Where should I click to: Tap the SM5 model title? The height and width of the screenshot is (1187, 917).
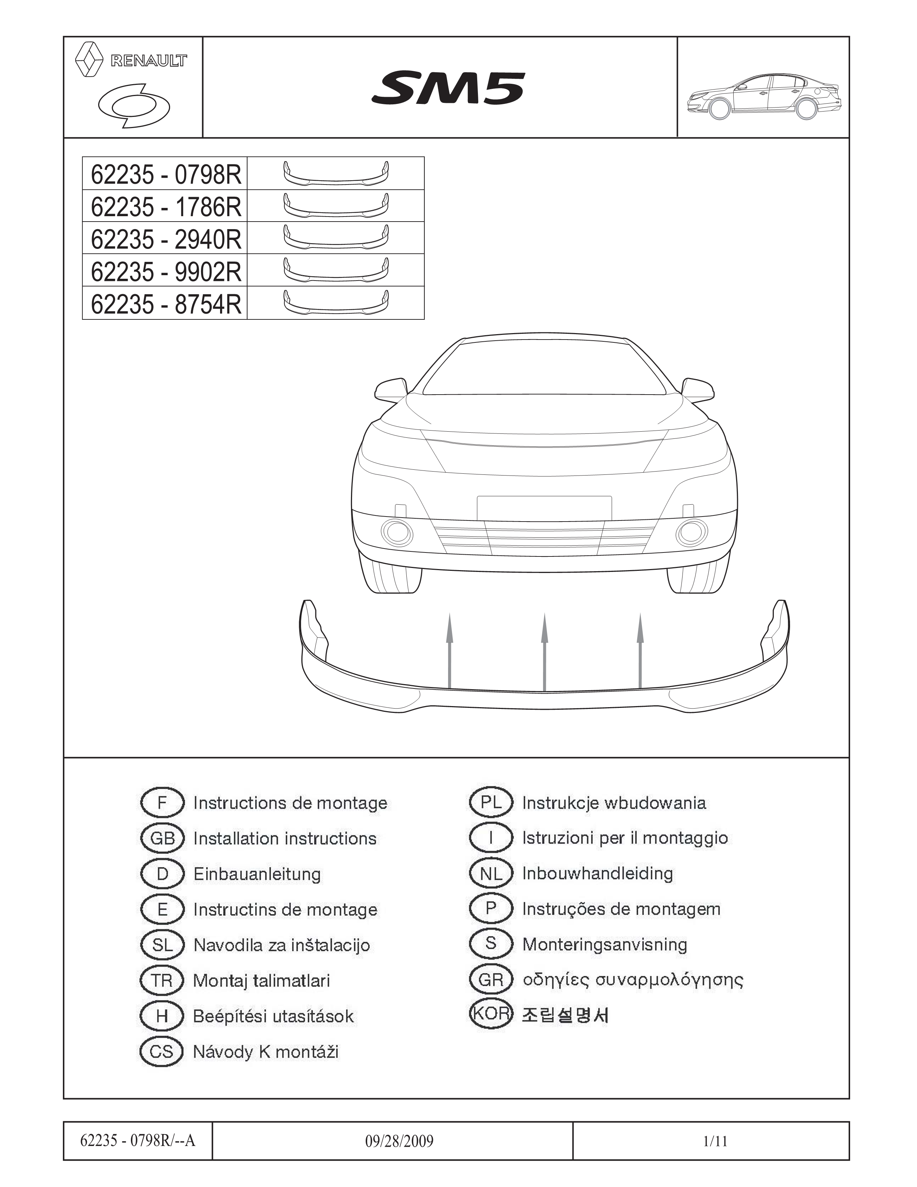448,88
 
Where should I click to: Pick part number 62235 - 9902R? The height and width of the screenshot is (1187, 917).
166,271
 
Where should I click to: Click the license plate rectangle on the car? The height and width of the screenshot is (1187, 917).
544,508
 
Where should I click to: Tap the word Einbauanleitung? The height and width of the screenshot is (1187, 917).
257,874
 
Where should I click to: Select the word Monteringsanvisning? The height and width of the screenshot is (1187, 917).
605,945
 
